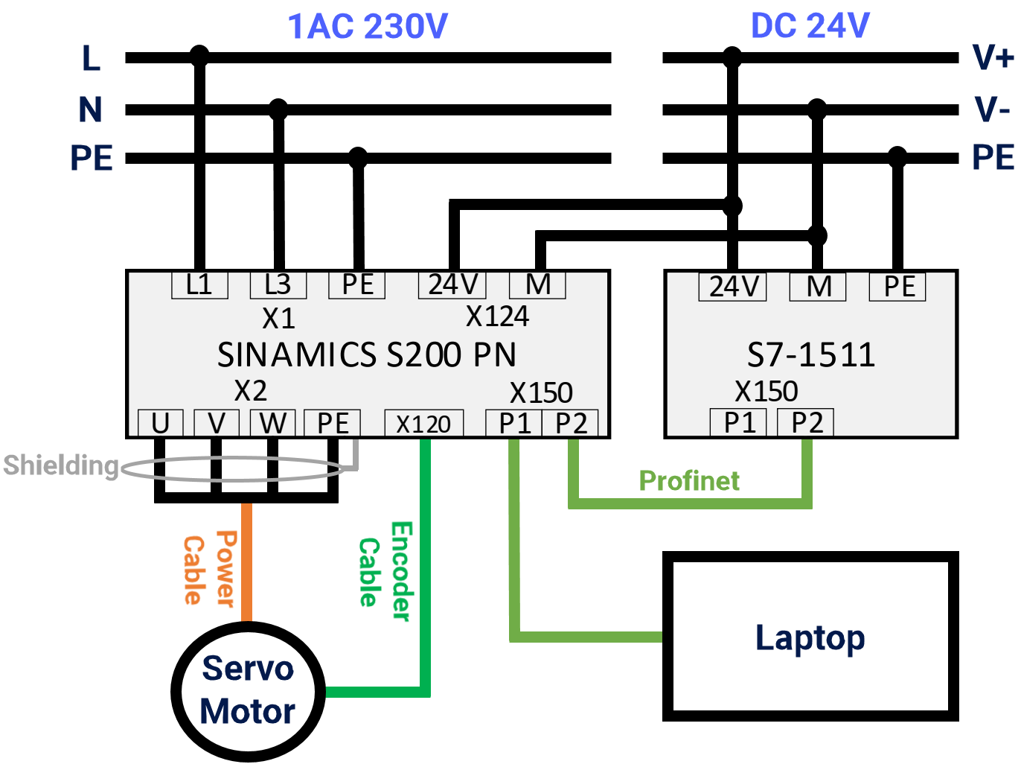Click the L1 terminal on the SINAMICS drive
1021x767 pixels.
(x=199, y=284)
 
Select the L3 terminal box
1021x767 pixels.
(x=278, y=284)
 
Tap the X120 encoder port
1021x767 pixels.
(x=423, y=424)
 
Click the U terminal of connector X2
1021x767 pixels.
(x=161, y=423)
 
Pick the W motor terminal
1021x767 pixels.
(x=273, y=423)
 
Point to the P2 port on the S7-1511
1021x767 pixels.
(x=806, y=422)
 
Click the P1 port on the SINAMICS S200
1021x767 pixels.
(x=514, y=423)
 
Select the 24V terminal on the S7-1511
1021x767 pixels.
(x=733, y=287)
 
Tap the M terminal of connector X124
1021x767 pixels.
(x=537, y=284)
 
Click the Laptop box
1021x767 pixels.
(x=810, y=637)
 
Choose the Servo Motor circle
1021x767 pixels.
(x=248, y=690)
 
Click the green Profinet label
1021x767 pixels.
(x=689, y=481)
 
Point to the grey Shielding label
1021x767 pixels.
(x=61, y=465)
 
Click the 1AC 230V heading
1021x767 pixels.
(x=368, y=27)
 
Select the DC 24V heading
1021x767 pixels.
(x=810, y=26)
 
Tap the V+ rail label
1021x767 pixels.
(x=993, y=57)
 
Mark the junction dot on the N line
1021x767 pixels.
(x=278, y=109)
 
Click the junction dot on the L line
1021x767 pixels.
(x=199, y=56)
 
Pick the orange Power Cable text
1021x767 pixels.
(x=209, y=570)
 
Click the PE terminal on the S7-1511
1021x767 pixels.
(x=898, y=287)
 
